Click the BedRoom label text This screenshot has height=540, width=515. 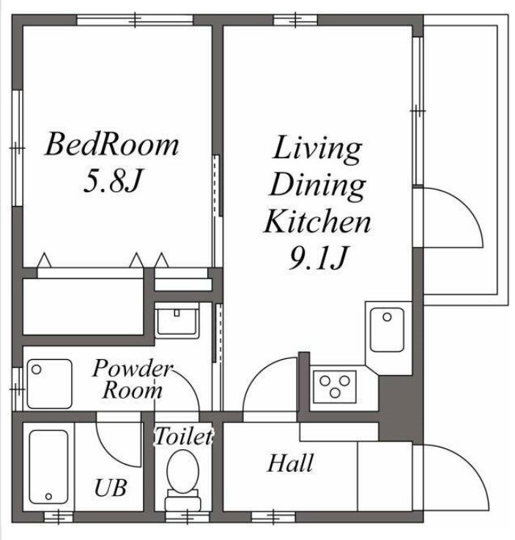111,144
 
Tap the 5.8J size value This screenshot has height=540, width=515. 111,181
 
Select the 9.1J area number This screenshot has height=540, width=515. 316,258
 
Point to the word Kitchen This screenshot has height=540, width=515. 317,221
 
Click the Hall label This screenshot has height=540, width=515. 290,463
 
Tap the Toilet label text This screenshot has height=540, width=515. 182,437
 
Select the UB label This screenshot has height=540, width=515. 111,487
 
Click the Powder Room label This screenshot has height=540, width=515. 132,379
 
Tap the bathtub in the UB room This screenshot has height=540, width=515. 48,466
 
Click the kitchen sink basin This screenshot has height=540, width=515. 386,329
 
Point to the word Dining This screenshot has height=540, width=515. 317,185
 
